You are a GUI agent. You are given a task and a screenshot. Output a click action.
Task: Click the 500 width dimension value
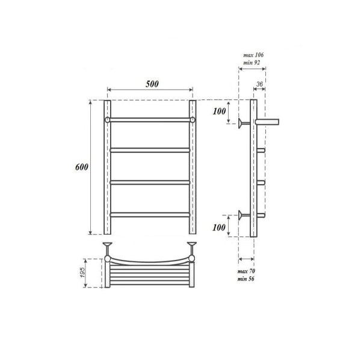pyautogui.click(x=151, y=84)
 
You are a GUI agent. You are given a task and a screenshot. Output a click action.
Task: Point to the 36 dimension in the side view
pyautogui.click(x=260, y=84)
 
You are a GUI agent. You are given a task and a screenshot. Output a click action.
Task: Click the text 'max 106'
pyautogui.click(x=252, y=55)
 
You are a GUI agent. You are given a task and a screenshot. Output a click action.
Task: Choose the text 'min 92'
pyautogui.click(x=252, y=62)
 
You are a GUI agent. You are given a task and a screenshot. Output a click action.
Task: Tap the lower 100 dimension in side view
pyautogui.click(x=220, y=227)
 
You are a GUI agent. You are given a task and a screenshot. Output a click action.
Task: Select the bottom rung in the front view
pyautogui.click(x=150, y=213)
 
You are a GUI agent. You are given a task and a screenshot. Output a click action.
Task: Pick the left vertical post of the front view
pyautogui.click(x=107, y=168)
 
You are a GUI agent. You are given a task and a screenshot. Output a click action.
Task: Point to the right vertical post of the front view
pyautogui.click(x=193, y=168)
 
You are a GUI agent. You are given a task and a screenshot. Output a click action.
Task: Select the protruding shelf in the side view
pyautogui.click(x=268, y=122)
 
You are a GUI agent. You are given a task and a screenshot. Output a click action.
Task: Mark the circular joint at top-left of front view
pyautogui.click(x=107, y=120)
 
